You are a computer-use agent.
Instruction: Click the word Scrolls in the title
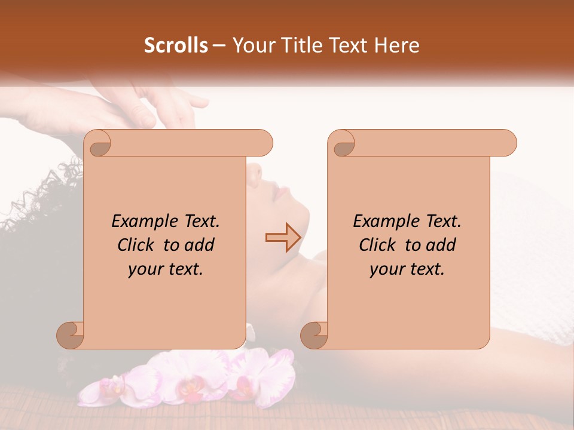176,45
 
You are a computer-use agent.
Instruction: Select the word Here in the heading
397,45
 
